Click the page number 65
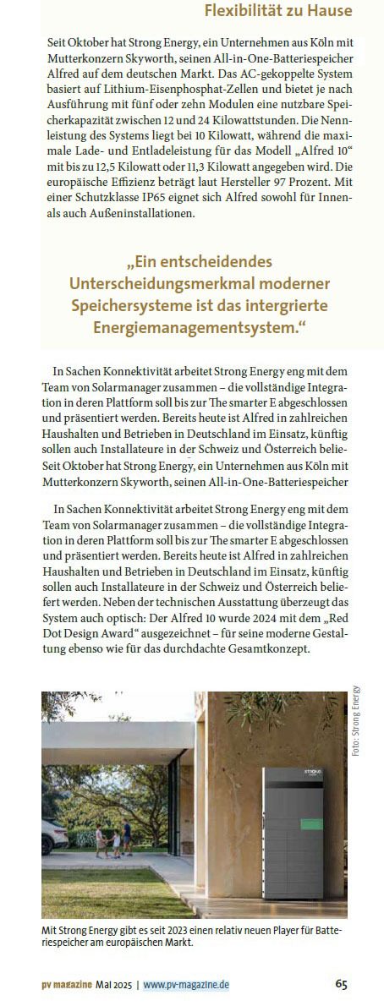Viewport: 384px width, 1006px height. tap(341, 984)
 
